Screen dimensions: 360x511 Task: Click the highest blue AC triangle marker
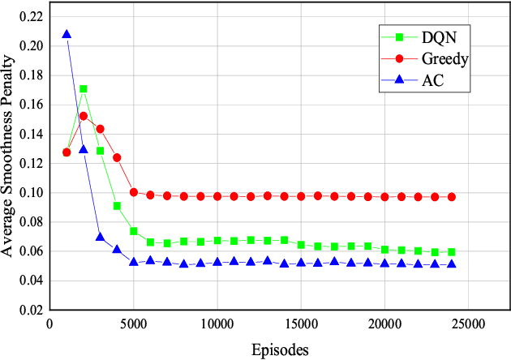(67, 34)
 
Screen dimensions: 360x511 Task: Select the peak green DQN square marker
(84, 89)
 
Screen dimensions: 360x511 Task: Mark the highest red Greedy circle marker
(84, 116)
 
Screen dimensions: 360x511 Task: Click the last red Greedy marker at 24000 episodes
(452, 197)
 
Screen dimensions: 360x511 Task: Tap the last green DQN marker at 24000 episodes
(452, 252)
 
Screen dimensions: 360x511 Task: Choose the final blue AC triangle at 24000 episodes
(452, 264)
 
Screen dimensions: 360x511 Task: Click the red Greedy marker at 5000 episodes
(134, 192)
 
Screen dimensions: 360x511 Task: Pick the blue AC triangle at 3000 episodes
(101, 237)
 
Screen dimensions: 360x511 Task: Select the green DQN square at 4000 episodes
(117, 206)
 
